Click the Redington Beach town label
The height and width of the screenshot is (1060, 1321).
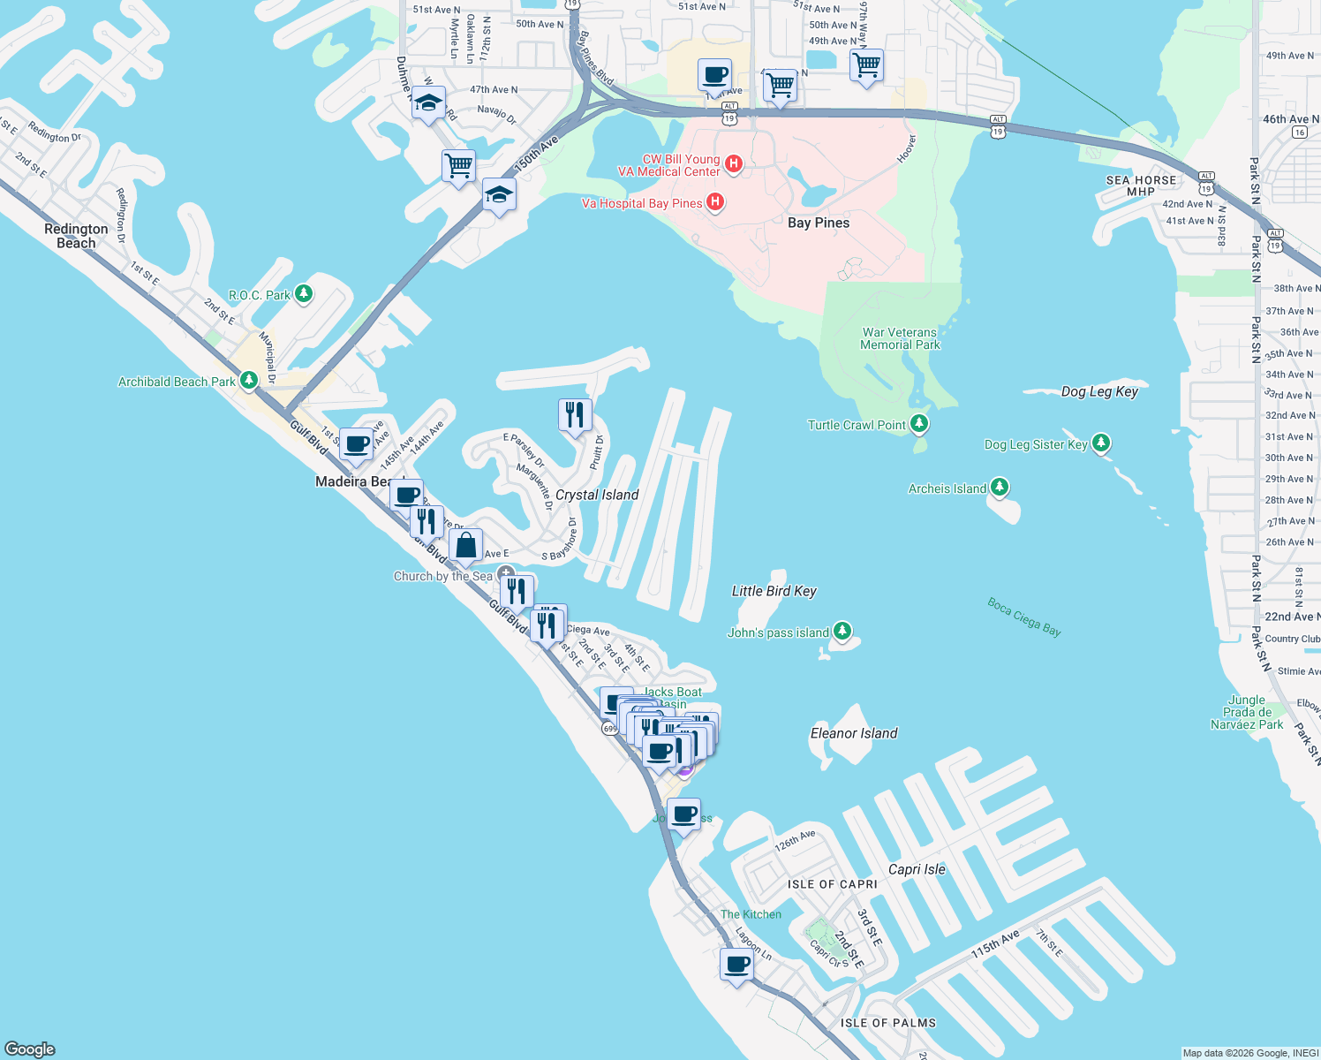pos(76,236)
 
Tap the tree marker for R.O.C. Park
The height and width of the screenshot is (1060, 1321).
pos(304,293)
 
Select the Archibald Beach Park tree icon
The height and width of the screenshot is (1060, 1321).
pos(249,381)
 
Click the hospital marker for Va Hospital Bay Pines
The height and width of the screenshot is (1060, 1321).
pos(715,202)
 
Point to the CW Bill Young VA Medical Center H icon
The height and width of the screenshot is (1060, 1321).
pos(733,163)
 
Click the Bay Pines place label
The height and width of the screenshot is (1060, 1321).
pos(819,223)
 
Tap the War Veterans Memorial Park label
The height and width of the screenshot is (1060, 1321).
pos(900,339)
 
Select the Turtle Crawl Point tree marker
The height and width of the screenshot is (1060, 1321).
pos(919,424)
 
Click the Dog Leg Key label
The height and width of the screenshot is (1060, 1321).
pos(1099,391)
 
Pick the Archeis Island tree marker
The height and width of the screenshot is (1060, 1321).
pos(999,487)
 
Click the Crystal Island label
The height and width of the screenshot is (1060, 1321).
pos(597,495)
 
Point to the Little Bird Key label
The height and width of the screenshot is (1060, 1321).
pos(774,591)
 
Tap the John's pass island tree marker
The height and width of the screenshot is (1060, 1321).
pos(842,631)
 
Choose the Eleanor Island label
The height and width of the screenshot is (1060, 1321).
pos(854,733)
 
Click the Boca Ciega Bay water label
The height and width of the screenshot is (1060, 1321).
pos(1024,617)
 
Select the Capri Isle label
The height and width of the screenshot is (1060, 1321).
pos(917,869)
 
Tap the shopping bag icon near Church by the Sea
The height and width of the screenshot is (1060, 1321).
pos(465,545)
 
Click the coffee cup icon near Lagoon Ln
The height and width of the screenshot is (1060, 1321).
pos(736,964)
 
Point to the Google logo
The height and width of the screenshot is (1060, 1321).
pos(30,1049)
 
